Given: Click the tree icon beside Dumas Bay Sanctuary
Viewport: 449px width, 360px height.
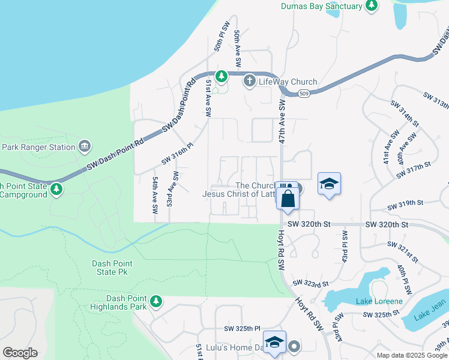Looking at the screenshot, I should pyautogui.click(x=372, y=6).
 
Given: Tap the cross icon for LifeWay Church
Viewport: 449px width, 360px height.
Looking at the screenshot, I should pyautogui.click(x=250, y=81).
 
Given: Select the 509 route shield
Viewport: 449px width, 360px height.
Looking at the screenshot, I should pyautogui.click(x=304, y=93).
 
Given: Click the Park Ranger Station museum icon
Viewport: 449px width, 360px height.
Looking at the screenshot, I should pyautogui.click(x=85, y=146).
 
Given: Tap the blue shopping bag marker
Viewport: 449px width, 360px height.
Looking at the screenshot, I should pyautogui.click(x=288, y=198).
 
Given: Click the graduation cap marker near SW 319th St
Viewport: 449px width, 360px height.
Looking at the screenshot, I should pyautogui.click(x=329, y=184).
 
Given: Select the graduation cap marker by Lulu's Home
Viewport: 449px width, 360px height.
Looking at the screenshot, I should pyautogui.click(x=274, y=343).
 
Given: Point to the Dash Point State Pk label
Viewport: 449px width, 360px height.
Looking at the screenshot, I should pyautogui.click(x=112, y=268).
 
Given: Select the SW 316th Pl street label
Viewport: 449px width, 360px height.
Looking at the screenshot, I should pyautogui.click(x=177, y=154).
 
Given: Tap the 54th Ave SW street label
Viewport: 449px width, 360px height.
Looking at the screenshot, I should pyautogui.click(x=155, y=196).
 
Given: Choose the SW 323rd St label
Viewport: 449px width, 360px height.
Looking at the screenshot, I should pyautogui.click(x=311, y=283).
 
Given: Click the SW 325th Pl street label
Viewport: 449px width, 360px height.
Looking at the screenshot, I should pyautogui.click(x=243, y=329).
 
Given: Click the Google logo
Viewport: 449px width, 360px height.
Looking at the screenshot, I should pyautogui.click(x=20, y=353).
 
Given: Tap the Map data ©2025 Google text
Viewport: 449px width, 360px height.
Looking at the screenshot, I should pyautogui.click(x=411, y=355).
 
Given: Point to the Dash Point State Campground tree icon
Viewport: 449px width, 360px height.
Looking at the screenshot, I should pyautogui.click(x=56, y=190).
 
